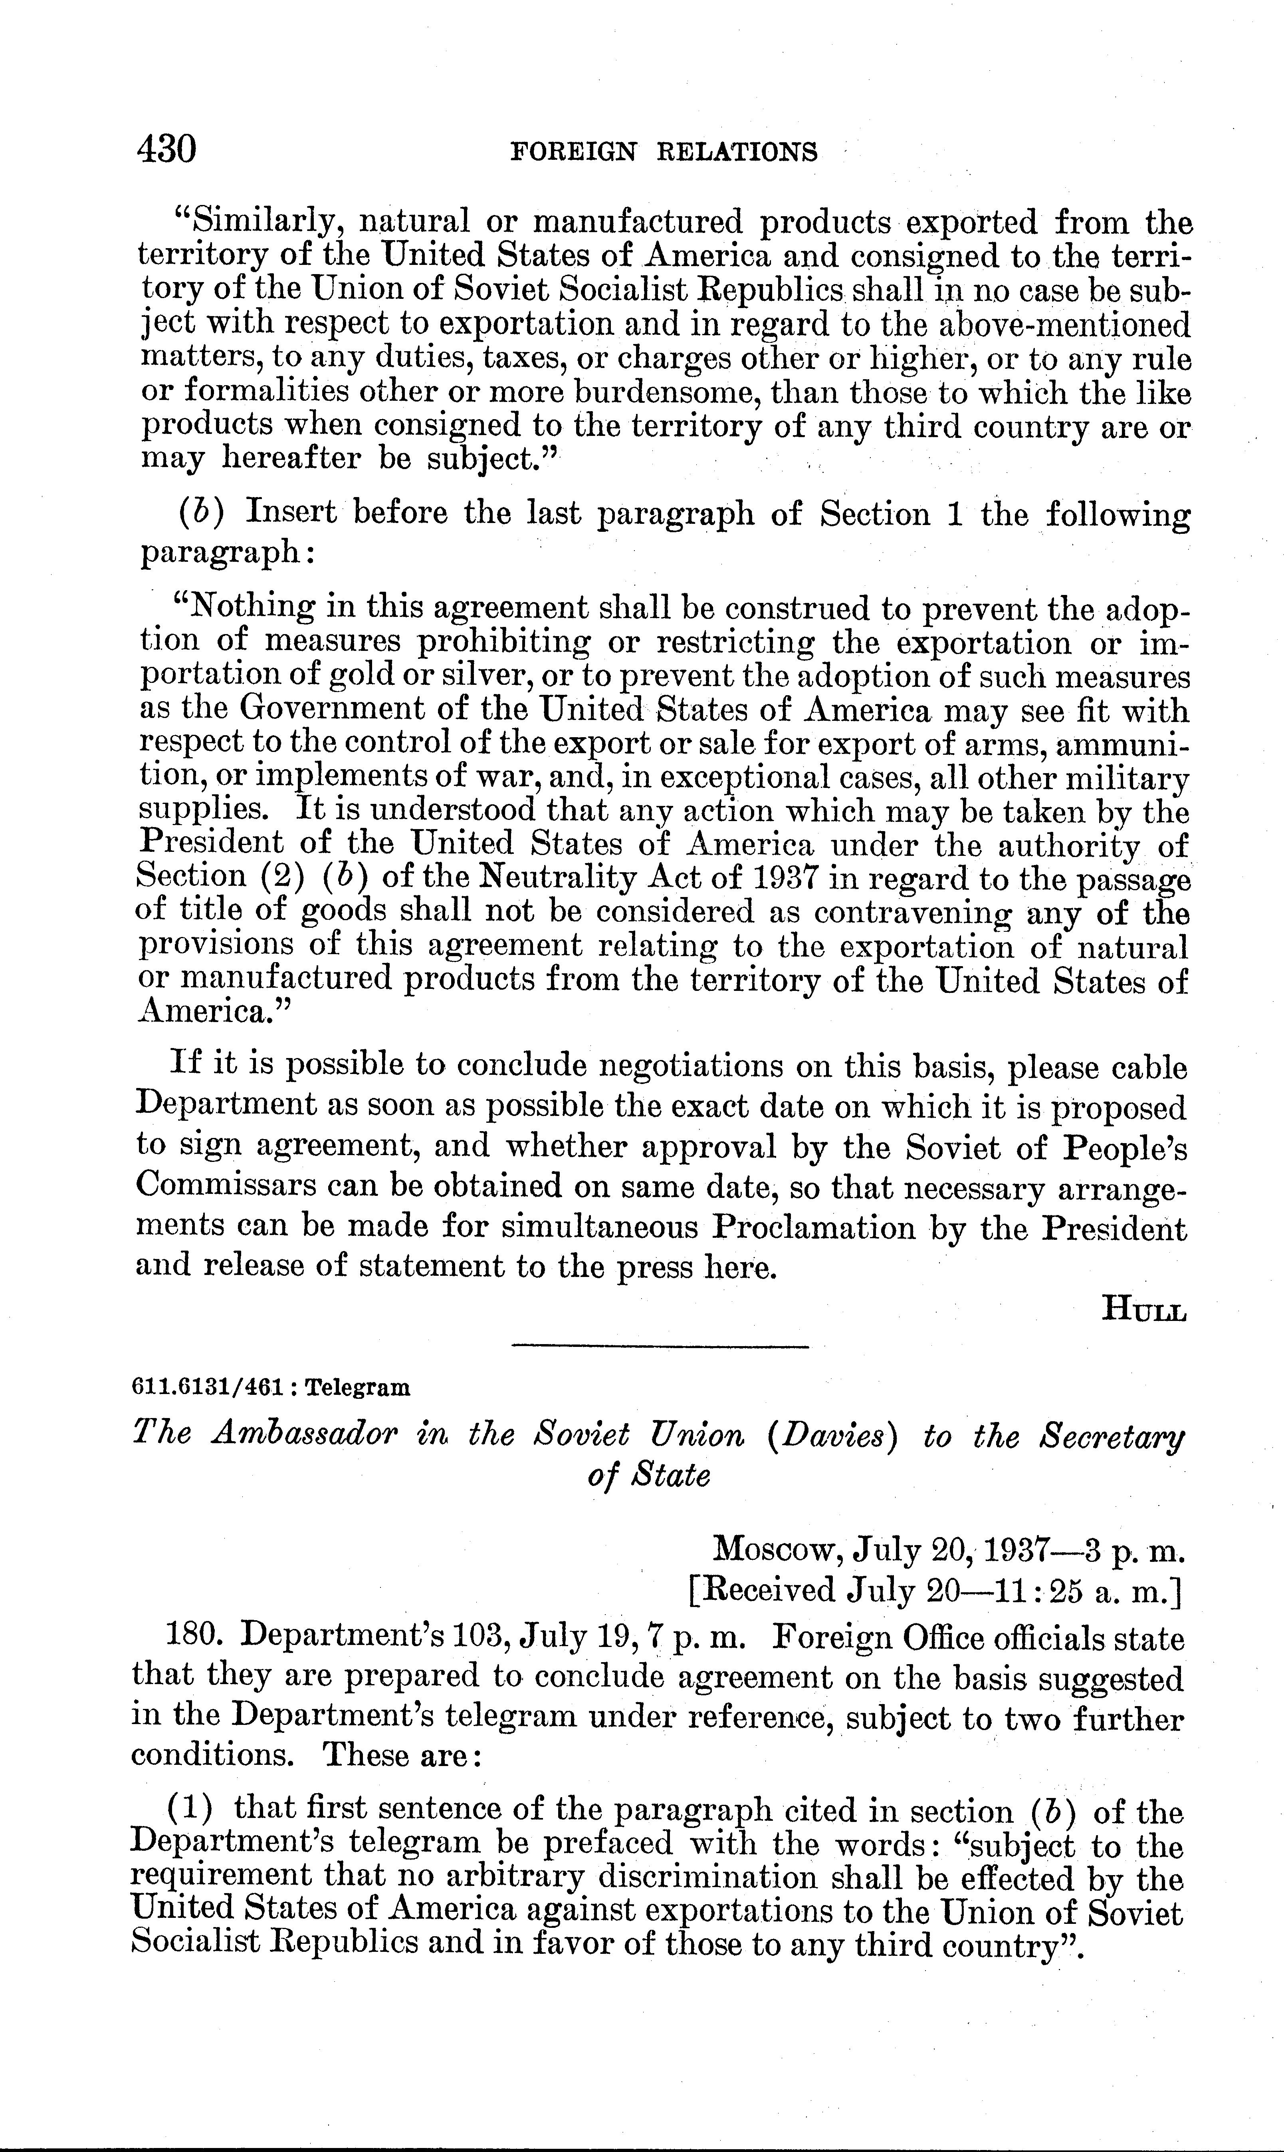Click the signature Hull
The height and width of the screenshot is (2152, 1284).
coord(1144,1309)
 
